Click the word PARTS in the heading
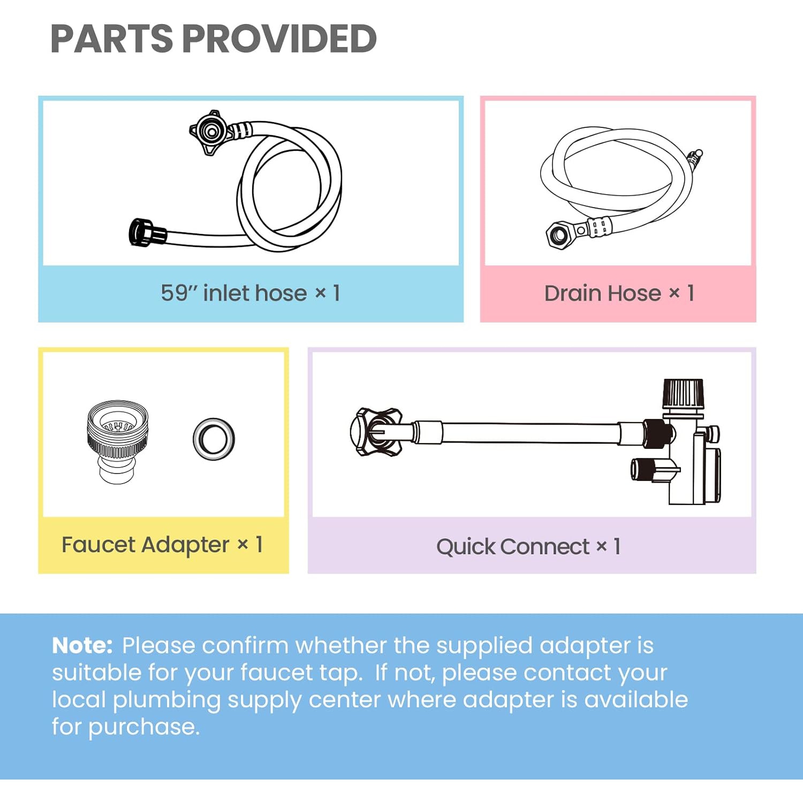coord(111,39)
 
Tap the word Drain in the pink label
coord(572,293)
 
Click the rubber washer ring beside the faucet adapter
coord(214,439)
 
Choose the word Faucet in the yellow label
coord(99,545)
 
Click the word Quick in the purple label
coord(466,547)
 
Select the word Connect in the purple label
coord(545,547)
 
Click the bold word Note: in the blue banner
coord(82,645)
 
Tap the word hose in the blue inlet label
coord(281,293)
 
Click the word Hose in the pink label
coord(634,293)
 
